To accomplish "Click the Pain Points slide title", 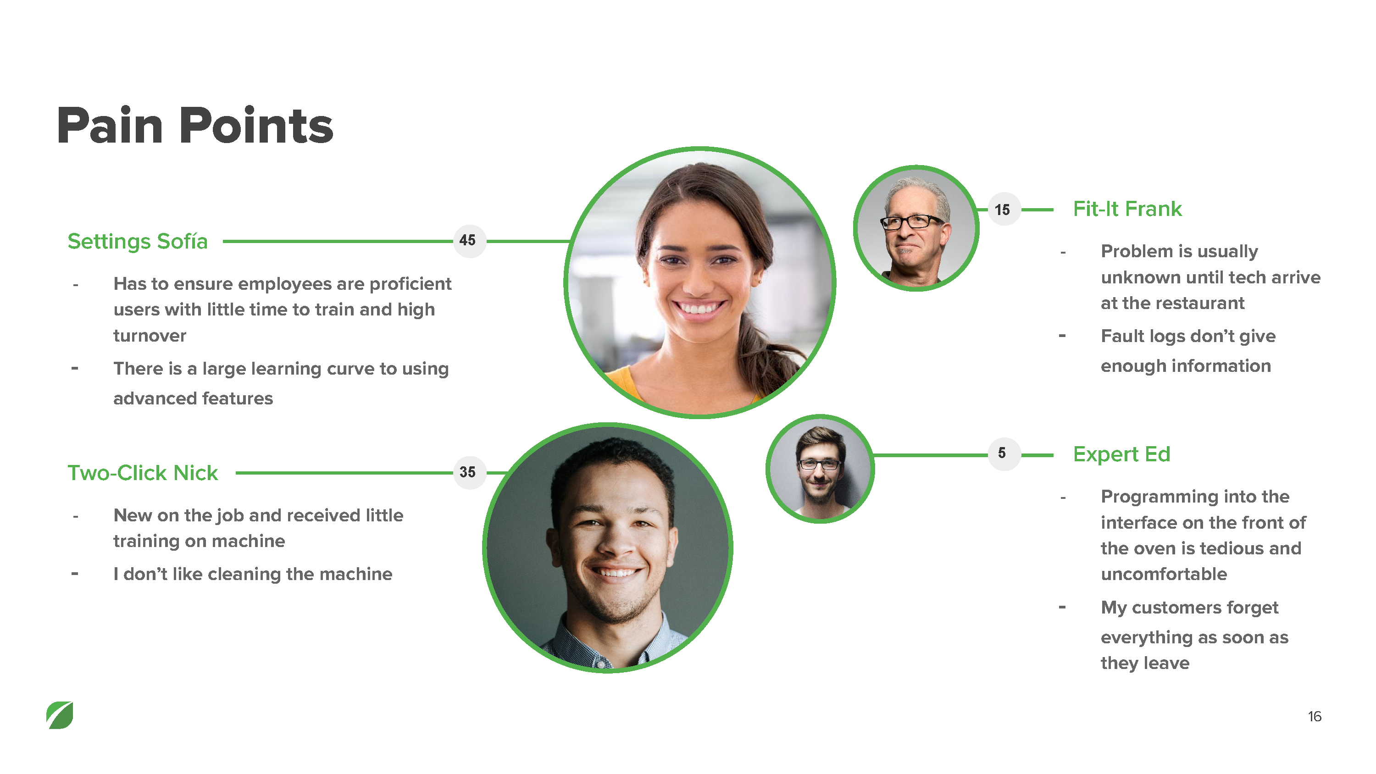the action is pyautogui.click(x=195, y=126).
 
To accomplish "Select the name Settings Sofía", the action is pyautogui.click(x=137, y=242).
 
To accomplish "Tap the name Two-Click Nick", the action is pyautogui.click(x=143, y=473).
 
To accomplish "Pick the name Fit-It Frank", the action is pyautogui.click(x=1127, y=209).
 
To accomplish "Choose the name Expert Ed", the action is pyautogui.click(x=1121, y=454).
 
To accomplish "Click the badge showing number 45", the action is pyautogui.click(x=468, y=241).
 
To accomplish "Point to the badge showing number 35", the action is pyautogui.click(x=468, y=473).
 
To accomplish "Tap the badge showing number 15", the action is pyautogui.click(x=1003, y=210).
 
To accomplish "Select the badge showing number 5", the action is pyautogui.click(x=1003, y=453).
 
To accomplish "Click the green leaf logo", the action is pyautogui.click(x=60, y=715).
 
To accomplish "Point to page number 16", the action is pyautogui.click(x=1315, y=716).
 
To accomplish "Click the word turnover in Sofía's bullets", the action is pyautogui.click(x=150, y=336).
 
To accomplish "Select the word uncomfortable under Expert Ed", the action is pyautogui.click(x=1164, y=574).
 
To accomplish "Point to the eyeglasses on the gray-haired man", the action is pyautogui.click(x=911, y=221).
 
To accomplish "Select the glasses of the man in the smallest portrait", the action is pyautogui.click(x=819, y=464).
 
